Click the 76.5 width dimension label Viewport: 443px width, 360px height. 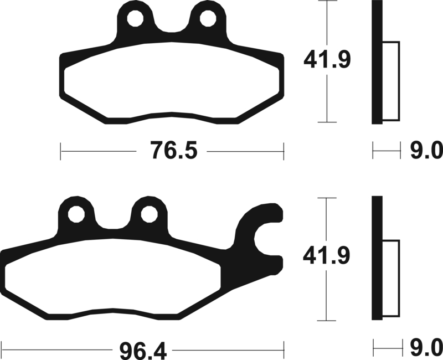pyautogui.click(x=171, y=150)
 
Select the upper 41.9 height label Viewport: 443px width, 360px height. pyautogui.click(x=327, y=60)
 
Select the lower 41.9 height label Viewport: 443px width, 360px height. pyautogui.click(x=327, y=257)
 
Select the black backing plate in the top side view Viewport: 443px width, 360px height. pyautogui.click(x=377, y=62)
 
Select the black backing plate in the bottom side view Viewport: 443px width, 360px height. pyautogui.click(x=377, y=258)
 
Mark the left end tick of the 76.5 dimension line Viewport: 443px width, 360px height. pyautogui.click(x=60, y=150)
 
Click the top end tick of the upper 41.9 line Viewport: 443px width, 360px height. pyautogui.click(x=328, y=2)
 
